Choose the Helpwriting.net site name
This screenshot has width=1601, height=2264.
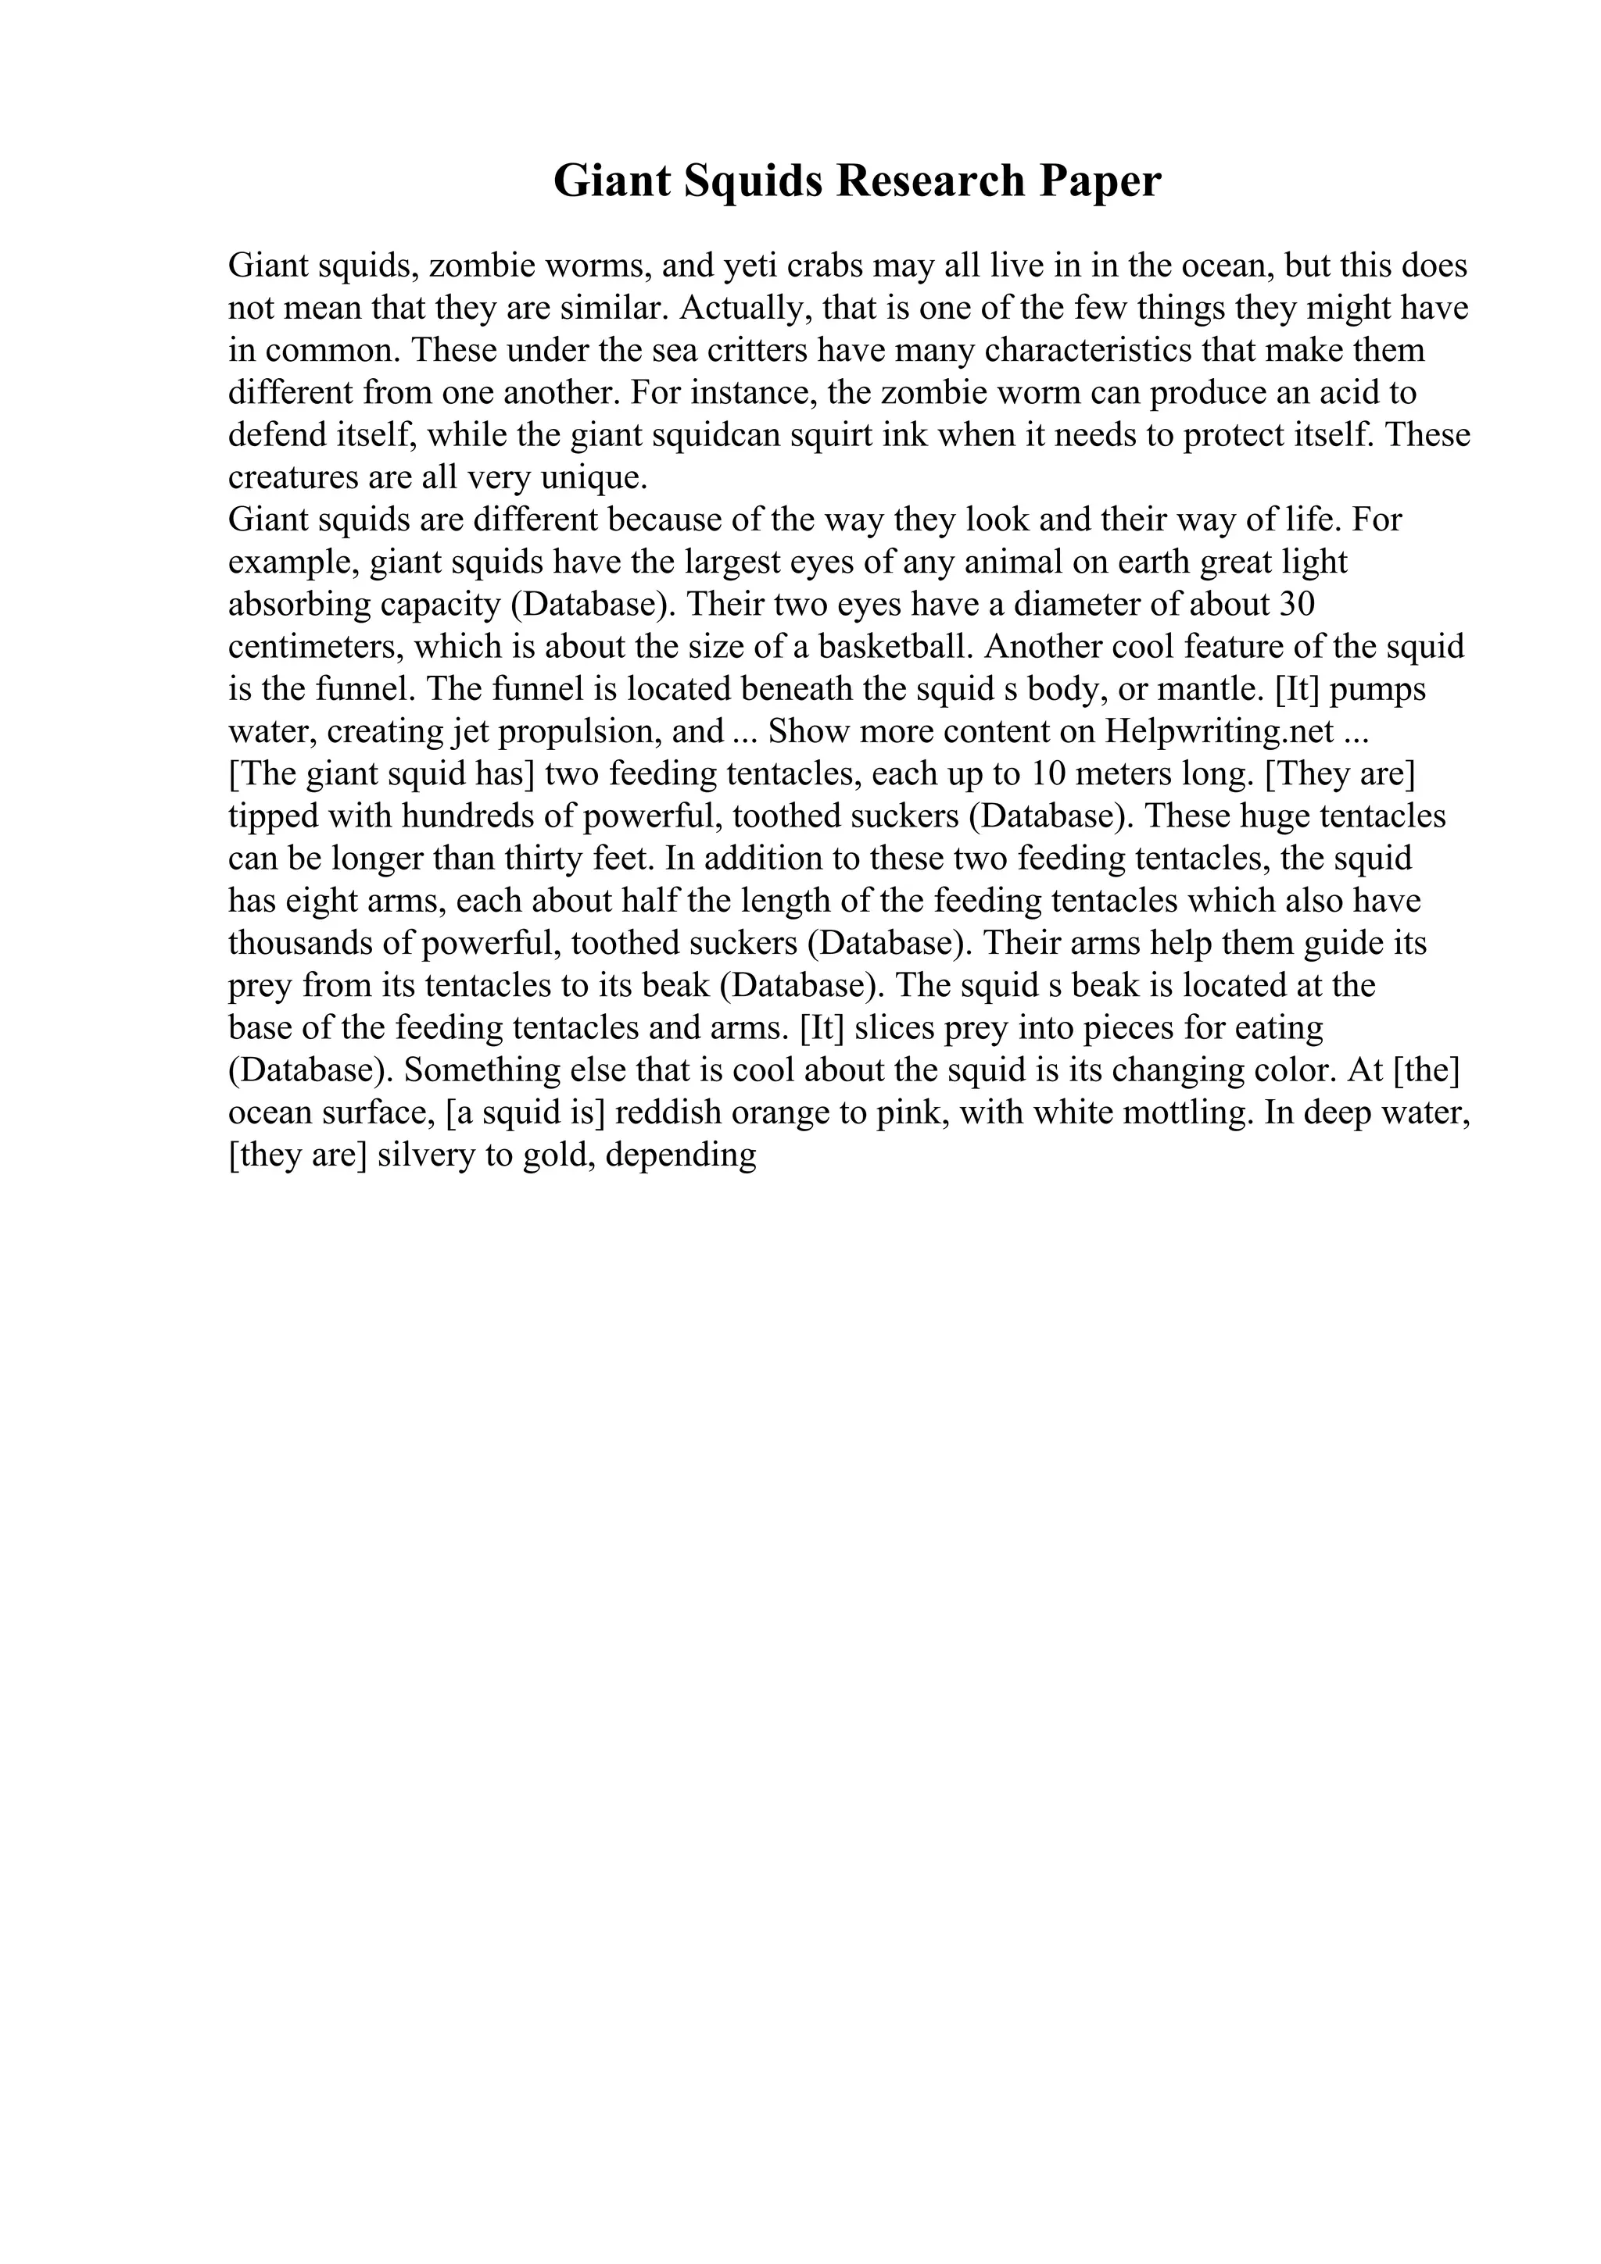click(x=1220, y=732)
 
